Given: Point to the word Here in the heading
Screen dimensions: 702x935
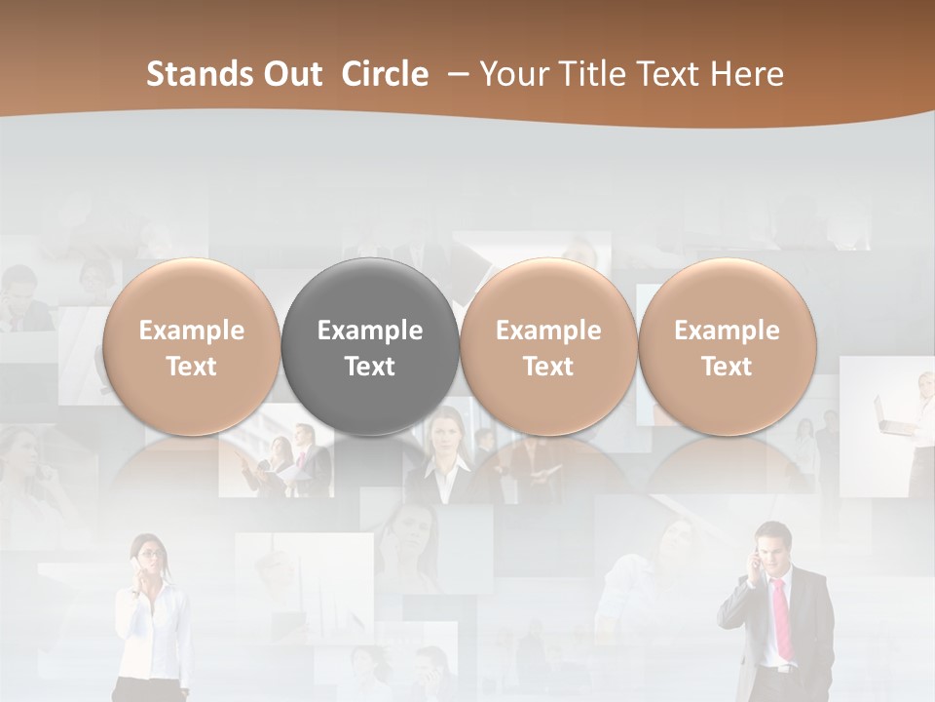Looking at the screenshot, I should pyautogui.click(x=747, y=74).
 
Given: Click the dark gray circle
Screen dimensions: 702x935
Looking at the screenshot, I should pyautogui.click(x=370, y=346).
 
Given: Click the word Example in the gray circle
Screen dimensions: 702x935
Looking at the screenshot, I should pyautogui.click(x=370, y=331).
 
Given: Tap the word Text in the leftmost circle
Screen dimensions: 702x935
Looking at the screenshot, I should pyautogui.click(x=191, y=367).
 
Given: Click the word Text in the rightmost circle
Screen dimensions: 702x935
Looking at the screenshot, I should pyautogui.click(x=727, y=367).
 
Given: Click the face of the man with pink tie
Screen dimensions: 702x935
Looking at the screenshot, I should pyautogui.click(x=774, y=549).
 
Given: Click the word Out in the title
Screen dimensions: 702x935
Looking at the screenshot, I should pyautogui.click(x=289, y=74).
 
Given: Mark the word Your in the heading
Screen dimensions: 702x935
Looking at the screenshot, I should pyautogui.click(x=513, y=74).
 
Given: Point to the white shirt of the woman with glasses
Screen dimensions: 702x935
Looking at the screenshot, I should pyautogui.click(x=146, y=624).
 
